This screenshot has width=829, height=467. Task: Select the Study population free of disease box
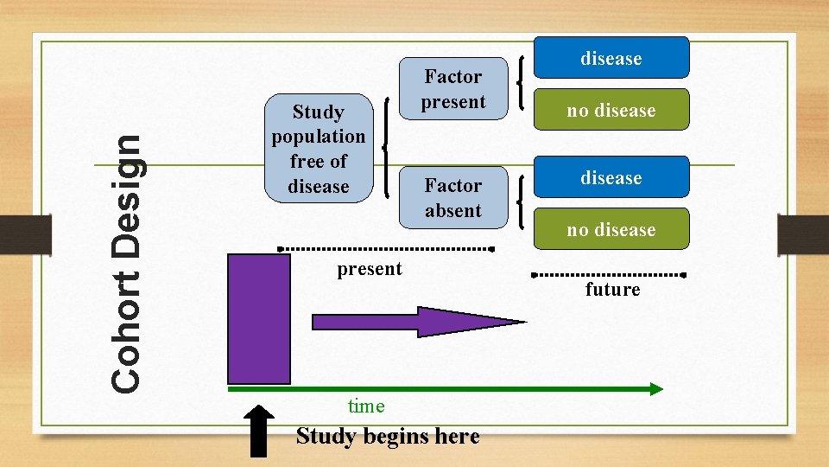[x=319, y=149]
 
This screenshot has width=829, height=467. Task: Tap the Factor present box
[x=452, y=89]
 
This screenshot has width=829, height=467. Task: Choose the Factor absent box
[x=452, y=198]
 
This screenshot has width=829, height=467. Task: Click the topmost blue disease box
[x=611, y=58]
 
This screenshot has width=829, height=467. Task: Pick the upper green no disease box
[x=611, y=110]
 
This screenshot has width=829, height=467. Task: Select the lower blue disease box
[x=611, y=177]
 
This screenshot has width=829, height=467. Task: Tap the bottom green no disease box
[x=611, y=229]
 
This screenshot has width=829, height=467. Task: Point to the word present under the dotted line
[x=370, y=269]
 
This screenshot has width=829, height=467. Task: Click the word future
[x=612, y=290]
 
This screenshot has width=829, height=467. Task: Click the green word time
[x=365, y=406]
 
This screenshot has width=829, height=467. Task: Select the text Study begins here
[x=388, y=436]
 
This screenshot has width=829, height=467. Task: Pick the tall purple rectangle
[x=259, y=318]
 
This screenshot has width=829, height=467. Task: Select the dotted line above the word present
[x=389, y=249]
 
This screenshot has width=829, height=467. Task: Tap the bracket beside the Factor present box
[x=521, y=83]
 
